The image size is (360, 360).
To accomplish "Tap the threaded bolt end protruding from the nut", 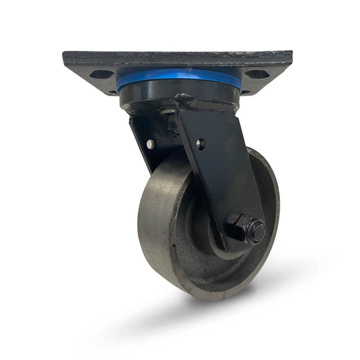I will click(256, 231).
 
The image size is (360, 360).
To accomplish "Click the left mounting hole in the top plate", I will click(102, 74).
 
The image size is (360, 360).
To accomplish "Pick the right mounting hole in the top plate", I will click(258, 74).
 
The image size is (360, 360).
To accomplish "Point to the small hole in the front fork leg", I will click(200, 145).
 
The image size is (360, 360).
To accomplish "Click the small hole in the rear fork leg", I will click(150, 145).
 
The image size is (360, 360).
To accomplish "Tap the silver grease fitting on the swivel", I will click(166, 111).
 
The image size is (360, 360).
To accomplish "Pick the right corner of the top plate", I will click(290, 55).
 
